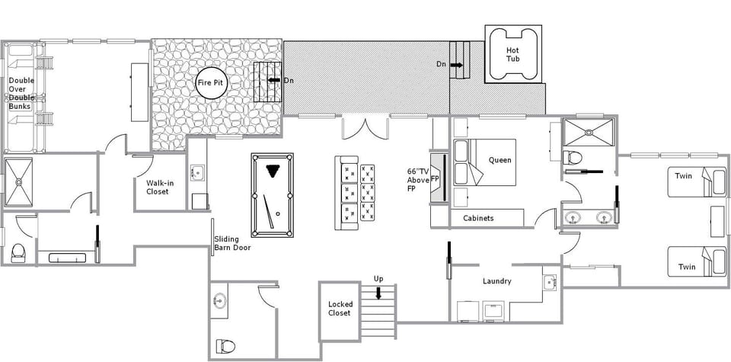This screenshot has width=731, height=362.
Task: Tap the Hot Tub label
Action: pos(513,54)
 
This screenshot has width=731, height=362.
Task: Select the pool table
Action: pos(272,194)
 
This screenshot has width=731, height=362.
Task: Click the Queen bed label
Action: pos(500,160)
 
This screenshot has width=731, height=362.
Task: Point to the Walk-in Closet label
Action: pos(158,187)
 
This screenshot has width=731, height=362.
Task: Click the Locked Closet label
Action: pos(340,308)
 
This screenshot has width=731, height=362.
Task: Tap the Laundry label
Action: pos(496,281)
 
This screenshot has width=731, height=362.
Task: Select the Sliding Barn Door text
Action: pos(234,243)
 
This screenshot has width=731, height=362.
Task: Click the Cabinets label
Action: pos(478,218)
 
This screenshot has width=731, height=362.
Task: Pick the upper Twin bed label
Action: pos(684,175)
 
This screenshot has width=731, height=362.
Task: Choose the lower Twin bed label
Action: pos(687,267)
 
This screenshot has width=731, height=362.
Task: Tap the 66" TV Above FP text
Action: pos(420,180)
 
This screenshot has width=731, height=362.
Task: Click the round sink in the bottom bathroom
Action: pos(219,300)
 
